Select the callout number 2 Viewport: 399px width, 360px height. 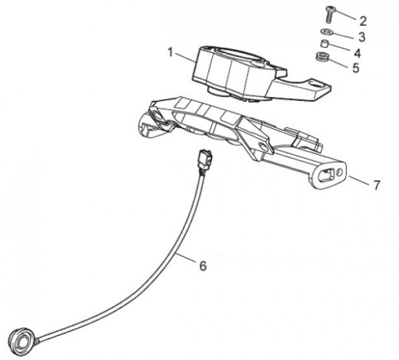tap(362, 20)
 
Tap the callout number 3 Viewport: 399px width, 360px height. tap(362, 36)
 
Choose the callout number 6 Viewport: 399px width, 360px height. tap(203, 266)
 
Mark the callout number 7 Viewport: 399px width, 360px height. tap(376, 185)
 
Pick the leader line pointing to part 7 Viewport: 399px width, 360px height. tap(359, 180)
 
